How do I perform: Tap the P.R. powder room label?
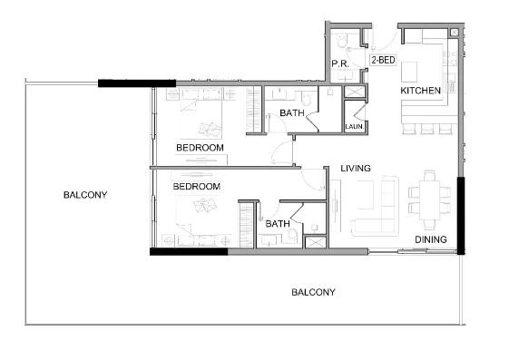341,63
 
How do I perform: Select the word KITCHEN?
420,91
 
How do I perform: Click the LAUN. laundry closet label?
354,126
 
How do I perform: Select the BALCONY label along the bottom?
313,292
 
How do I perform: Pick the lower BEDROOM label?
197,186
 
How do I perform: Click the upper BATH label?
291,112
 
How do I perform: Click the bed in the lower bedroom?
200,218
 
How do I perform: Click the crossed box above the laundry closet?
354,92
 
